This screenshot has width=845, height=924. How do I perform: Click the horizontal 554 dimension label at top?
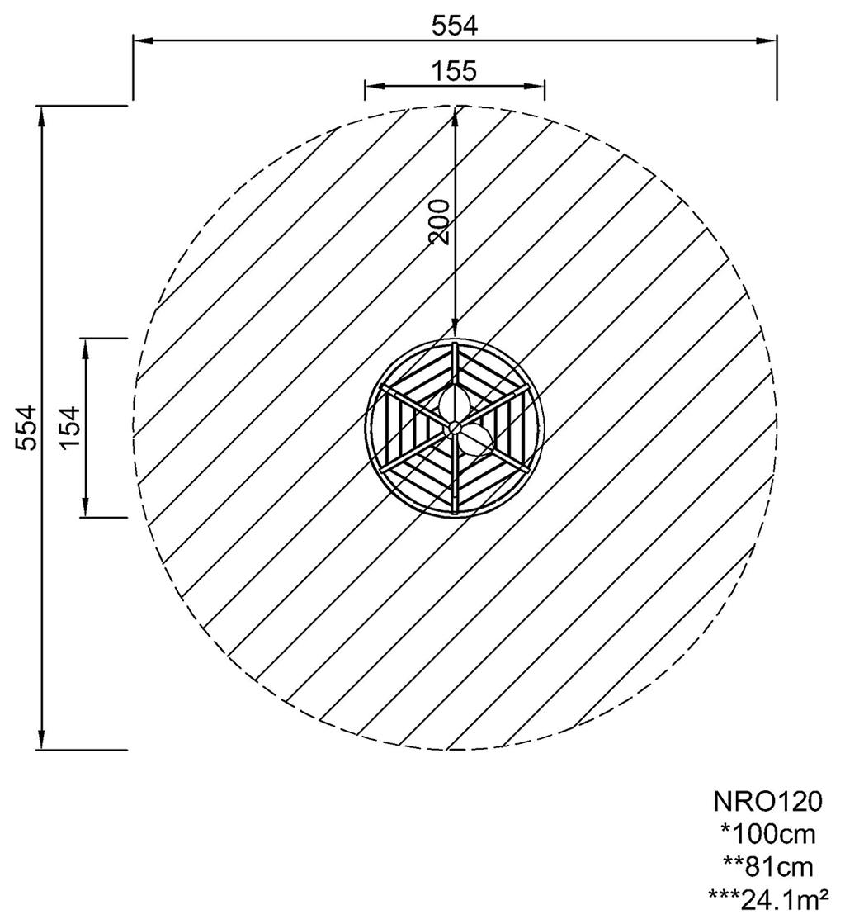click(455, 26)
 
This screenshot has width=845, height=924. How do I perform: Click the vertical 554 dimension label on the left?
click(26, 428)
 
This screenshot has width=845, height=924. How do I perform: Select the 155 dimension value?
click(454, 71)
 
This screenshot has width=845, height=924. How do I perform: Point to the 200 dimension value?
click(439, 221)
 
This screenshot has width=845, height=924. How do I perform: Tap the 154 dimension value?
click(71, 428)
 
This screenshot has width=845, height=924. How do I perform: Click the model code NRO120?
click(767, 802)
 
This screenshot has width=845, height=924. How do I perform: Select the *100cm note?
click(768, 835)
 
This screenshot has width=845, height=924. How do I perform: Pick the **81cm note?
click(768, 867)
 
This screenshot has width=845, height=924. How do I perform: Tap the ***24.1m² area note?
click(768, 900)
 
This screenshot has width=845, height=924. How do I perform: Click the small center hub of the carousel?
click(454, 426)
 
